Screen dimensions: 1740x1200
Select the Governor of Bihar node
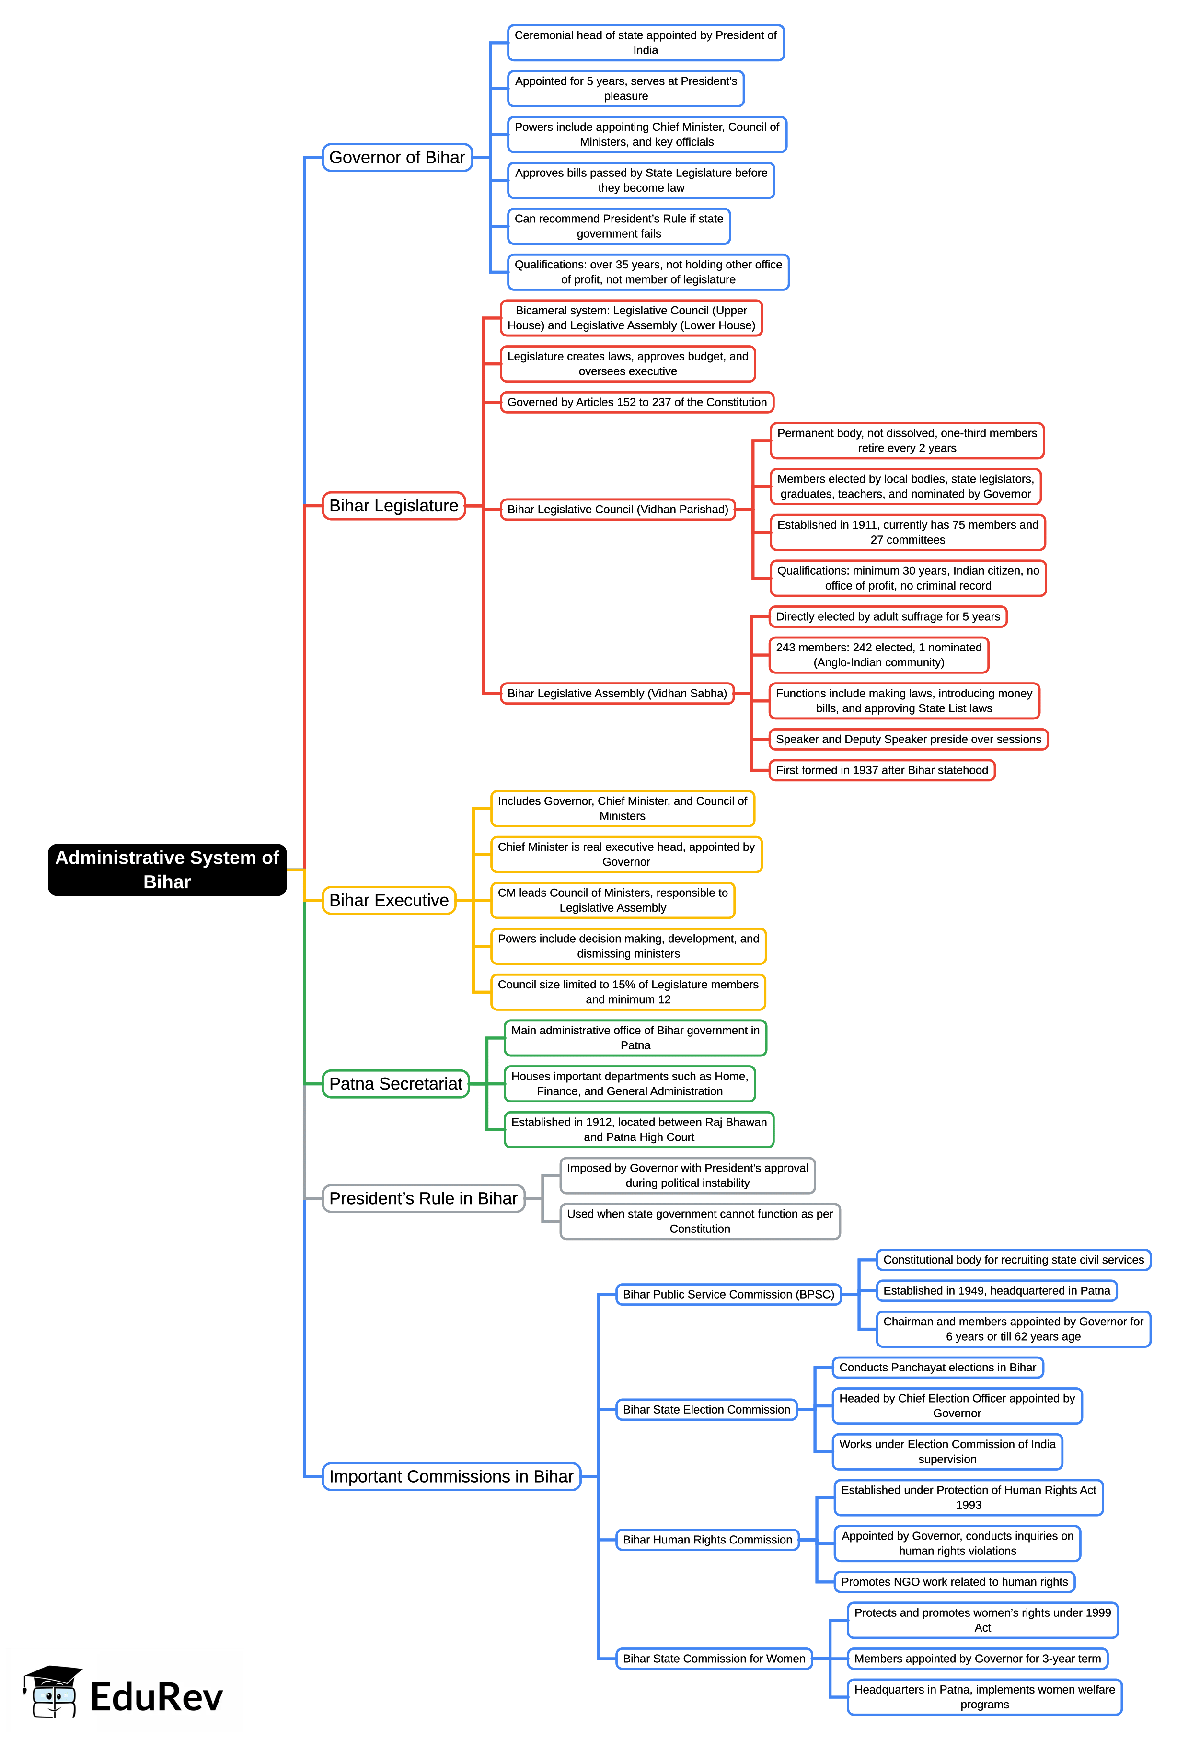click(x=397, y=157)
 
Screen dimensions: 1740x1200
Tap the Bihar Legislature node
click(x=393, y=505)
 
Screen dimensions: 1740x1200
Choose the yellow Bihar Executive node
click(x=389, y=900)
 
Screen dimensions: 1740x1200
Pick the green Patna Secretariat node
click(x=395, y=1084)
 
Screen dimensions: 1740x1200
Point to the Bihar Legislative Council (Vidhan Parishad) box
click(x=617, y=509)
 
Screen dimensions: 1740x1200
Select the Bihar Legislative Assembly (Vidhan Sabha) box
click(x=617, y=693)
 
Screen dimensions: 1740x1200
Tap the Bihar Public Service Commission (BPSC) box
click(x=728, y=1294)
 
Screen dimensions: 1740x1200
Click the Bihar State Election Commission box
click(x=706, y=1409)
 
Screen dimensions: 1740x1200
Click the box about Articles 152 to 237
click(x=637, y=402)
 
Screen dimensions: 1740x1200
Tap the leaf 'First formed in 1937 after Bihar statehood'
click(x=881, y=770)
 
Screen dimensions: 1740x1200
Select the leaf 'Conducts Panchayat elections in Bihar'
click(x=937, y=1367)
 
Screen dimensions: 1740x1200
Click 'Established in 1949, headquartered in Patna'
click(x=996, y=1290)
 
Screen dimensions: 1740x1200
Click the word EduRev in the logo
click(x=156, y=1697)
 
